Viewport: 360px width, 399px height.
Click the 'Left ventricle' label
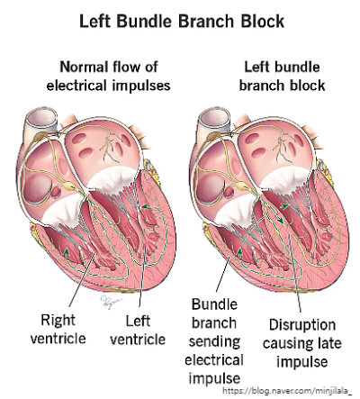tap(143, 329)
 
